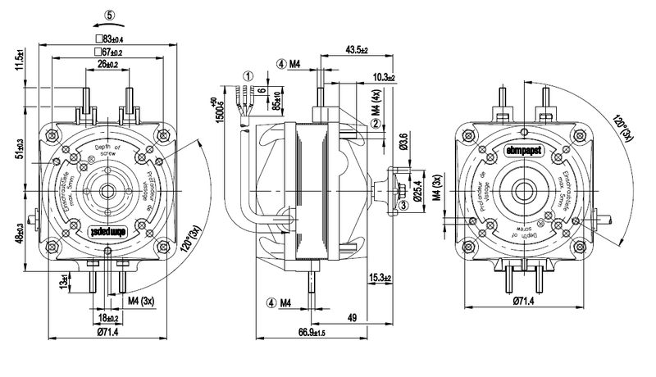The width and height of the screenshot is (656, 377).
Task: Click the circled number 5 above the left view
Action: tap(111, 14)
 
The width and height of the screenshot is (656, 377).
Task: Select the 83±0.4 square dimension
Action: tap(109, 39)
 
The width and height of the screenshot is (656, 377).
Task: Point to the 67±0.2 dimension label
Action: tap(109, 52)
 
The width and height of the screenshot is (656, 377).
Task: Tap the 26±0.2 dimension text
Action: tap(107, 65)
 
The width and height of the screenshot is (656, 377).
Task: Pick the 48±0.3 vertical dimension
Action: tap(19, 234)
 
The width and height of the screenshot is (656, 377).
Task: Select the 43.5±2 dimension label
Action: tap(357, 51)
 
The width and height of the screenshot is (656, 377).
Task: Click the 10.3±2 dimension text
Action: tap(382, 77)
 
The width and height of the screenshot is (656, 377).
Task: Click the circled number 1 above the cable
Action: tap(245, 75)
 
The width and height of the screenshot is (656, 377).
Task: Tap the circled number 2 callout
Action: tap(375, 124)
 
